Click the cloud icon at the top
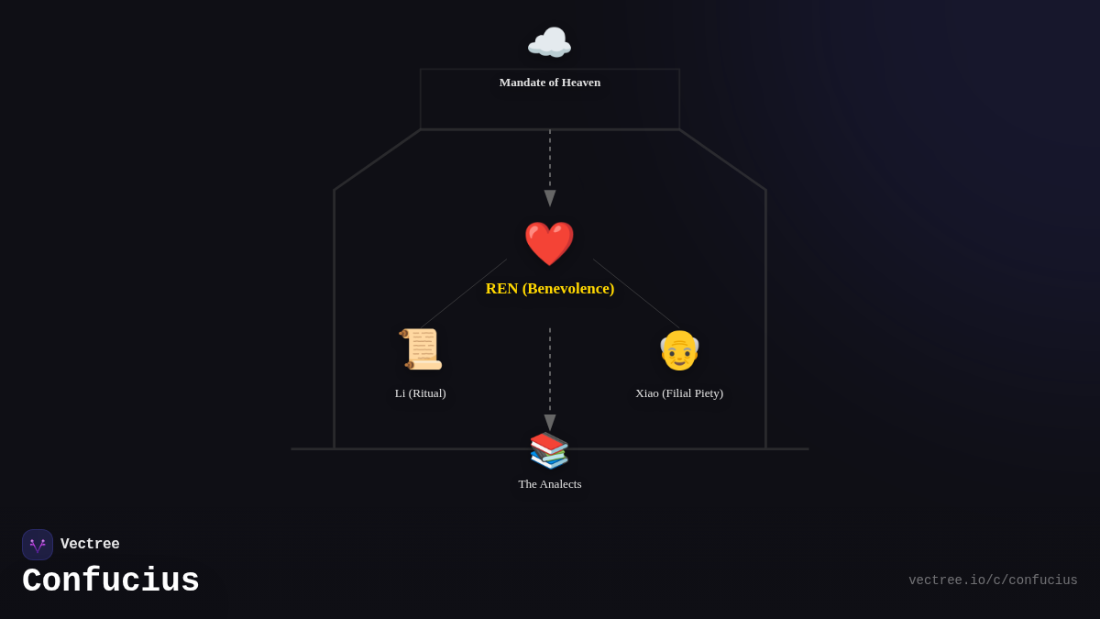click(x=549, y=43)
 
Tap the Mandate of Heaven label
click(x=549, y=83)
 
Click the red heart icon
click(x=549, y=244)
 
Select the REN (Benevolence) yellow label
click(x=549, y=289)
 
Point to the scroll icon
click(x=421, y=349)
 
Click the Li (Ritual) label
click(x=420, y=393)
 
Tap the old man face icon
click(x=679, y=350)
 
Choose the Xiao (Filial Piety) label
click(x=678, y=393)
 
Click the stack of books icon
click(x=549, y=450)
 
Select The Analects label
click(x=549, y=484)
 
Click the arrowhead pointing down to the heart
click(x=550, y=198)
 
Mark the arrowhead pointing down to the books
click(x=550, y=423)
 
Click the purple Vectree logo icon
click(x=38, y=545)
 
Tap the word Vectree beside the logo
click(x=90, y=545)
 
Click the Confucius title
click(x=111, y=581)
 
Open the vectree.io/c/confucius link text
click(x=993, y=580)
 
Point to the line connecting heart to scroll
click(x=464, y=293)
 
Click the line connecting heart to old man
click(x=636, y=293)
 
